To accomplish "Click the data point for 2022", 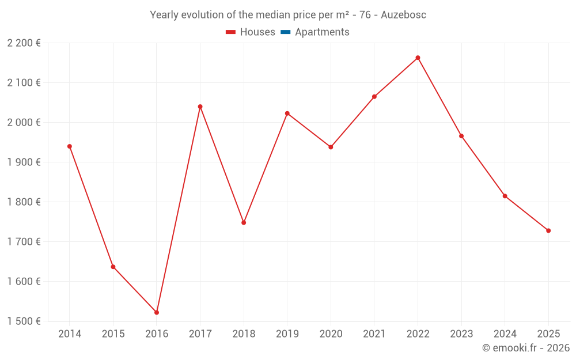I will [418, 58].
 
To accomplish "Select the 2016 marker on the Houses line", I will [157, 312].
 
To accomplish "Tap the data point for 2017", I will [200, 107].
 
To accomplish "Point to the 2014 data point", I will [70, 146].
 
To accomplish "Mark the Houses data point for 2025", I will [548, 230].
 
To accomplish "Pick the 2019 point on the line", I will [287, 113].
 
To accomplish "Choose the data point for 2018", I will [244, 222].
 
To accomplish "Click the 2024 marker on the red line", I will [505, 196].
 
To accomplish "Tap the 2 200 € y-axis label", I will [24, 43].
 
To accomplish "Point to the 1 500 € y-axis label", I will [24, 321].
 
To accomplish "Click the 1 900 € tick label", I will [24, 162].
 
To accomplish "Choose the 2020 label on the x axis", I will [331, 334].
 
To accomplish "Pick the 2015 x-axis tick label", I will [113, 334].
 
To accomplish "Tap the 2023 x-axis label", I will [461, 334].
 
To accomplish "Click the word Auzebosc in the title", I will [403, 15].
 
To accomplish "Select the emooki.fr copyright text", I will [525, 348].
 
